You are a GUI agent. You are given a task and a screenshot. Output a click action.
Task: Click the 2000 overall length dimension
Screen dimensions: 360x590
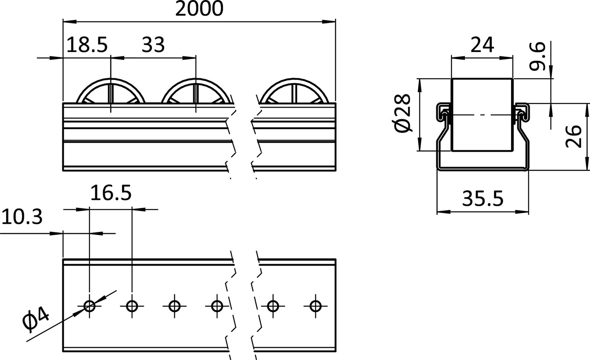coord(199,9)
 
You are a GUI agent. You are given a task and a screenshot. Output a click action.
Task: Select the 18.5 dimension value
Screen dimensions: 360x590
coord(87,45)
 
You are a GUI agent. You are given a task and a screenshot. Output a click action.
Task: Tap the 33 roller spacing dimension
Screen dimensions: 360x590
coord(153,45)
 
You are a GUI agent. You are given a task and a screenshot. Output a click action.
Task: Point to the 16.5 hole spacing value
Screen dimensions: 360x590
coord(111,193)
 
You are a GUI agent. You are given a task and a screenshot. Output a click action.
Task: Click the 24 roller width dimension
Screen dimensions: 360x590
coord(482,45)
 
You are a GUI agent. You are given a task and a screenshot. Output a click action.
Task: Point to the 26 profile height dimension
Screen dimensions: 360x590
coord(574,136)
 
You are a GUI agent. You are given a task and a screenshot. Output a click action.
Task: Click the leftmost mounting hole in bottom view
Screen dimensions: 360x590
coord(90,306)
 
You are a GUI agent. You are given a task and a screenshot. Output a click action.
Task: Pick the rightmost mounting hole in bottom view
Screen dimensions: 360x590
coord(315,306)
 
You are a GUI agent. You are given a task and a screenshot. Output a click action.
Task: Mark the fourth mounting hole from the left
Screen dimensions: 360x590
coord(217,306)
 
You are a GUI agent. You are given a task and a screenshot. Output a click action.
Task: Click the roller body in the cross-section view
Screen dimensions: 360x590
coord(482,114)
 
